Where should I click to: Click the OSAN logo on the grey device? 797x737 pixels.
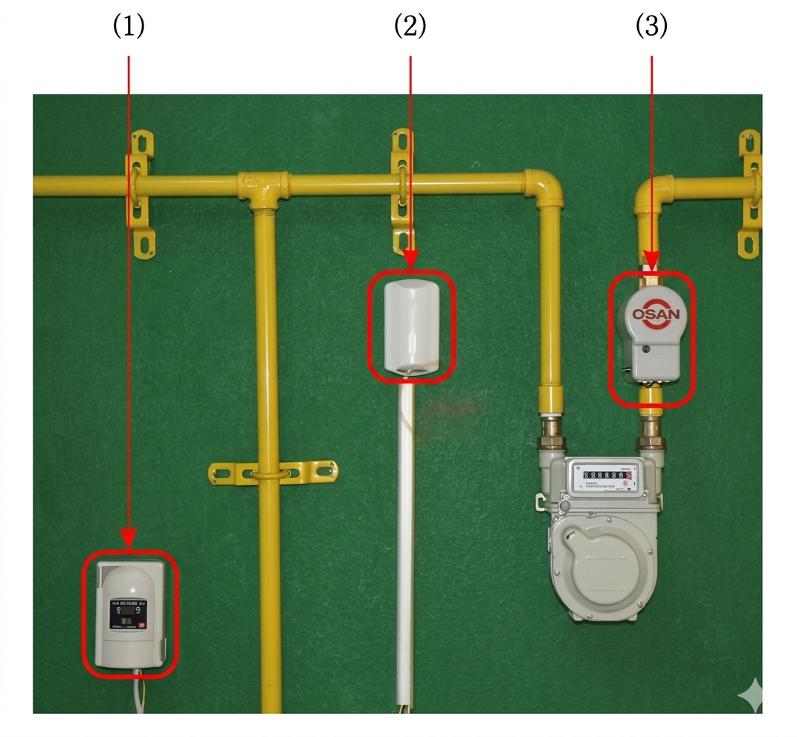coord(655,314)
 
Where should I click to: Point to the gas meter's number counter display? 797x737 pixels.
coord(606,473)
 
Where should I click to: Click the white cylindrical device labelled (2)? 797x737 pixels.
coord(411,326)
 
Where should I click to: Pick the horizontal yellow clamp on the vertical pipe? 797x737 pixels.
coord(273,472)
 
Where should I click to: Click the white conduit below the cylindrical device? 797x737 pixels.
coord(405,535)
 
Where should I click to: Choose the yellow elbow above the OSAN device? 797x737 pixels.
coord(651,192)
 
